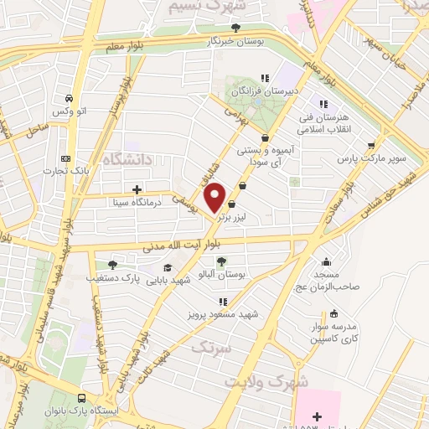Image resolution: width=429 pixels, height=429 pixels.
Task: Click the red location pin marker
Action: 216,197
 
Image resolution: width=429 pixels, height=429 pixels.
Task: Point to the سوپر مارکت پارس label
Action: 371,157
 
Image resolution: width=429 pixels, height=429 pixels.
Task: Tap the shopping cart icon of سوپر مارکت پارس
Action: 370,144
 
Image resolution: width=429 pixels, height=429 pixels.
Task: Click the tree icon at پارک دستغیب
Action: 112,265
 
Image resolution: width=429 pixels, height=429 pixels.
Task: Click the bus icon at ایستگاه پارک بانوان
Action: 81,399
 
